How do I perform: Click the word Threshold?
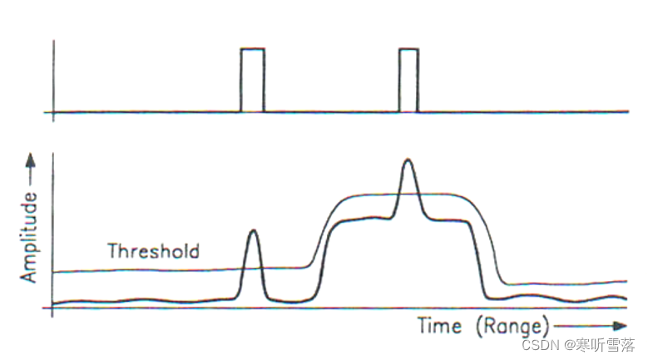click(x=154, y=250)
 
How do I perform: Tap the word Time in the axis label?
click(x=439, y=325)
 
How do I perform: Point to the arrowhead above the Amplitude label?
click(x=31, y=158)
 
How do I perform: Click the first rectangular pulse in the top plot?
click(x=253, y=80)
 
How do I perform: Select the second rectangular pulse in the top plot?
click(x=408, y=80)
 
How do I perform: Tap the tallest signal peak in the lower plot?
click(x=407, y=163)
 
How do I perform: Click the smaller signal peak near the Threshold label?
click(x=253, y=234)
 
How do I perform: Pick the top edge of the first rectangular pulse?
click(x=253, y=49)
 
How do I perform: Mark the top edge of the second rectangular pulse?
click(x=408, y=49)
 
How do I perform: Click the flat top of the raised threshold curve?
click(x=399, y=195)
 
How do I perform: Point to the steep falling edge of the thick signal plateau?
click(x=478, y=258)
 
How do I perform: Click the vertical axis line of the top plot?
click(x=54, y=79)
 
